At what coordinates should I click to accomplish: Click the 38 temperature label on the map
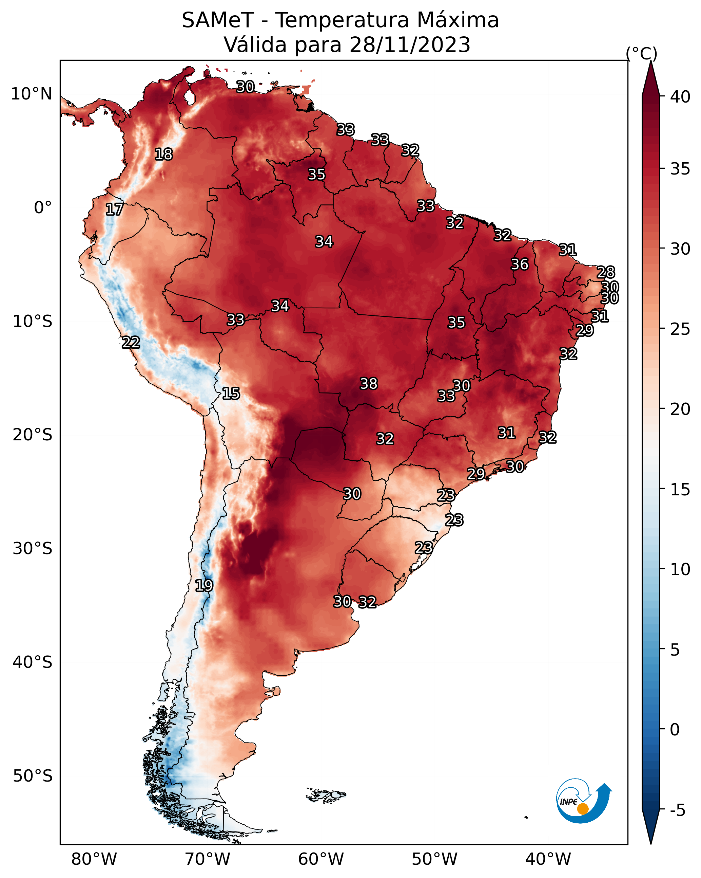point(369,384)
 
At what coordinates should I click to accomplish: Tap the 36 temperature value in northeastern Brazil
point(520,264)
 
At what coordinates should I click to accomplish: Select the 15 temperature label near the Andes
point(231,394)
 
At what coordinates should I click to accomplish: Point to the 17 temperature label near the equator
point(114,209)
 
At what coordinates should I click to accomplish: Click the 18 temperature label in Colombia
point(163,154)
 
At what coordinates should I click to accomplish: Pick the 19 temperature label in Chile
point(204,586)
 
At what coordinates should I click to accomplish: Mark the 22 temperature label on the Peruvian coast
point(131,343)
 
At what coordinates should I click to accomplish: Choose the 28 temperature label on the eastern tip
point(605,272)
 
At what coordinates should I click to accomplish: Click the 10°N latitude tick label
point(31,94)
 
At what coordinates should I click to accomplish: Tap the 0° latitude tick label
point(43,208)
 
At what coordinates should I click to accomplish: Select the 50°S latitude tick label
point(33,776)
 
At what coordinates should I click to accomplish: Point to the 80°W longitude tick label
point(94,859)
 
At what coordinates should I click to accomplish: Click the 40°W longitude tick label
point(548,859)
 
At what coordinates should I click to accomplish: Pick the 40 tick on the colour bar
point(680,97)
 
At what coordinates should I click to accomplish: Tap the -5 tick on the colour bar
point(677,810)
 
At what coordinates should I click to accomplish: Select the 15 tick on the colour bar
point(680,490)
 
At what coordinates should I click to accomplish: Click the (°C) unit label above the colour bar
point(641,53)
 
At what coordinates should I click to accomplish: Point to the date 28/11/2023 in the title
point(409,45)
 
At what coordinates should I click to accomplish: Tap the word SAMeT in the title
point(218,20)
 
